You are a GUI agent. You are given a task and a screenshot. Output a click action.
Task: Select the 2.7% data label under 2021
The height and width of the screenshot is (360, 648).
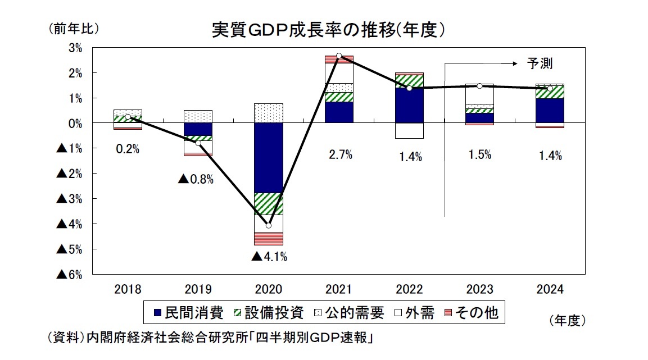point(340,156)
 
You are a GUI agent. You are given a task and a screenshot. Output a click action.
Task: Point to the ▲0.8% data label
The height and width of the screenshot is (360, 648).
point(196,179)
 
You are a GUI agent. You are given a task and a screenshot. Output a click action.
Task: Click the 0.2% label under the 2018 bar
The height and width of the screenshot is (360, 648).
point(128,149)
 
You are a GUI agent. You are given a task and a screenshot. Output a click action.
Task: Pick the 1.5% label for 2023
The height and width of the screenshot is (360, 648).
point(479,155)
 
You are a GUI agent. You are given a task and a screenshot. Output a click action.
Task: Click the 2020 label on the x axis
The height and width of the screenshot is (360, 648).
point(269,290)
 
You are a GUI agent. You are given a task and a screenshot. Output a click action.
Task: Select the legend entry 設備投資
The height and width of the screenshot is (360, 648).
point(270,313)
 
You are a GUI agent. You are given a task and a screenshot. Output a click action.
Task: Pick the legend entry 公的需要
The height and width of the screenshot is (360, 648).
point(351,313)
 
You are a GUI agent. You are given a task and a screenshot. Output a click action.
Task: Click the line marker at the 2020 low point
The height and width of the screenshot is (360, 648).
point(269,226)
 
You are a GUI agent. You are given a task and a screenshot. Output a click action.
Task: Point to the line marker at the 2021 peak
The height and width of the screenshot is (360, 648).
point(339,56)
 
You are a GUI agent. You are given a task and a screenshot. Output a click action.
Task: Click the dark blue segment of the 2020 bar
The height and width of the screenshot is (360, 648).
point(269,157)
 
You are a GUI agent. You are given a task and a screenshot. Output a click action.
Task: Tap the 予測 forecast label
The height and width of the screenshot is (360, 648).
point(539,63)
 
